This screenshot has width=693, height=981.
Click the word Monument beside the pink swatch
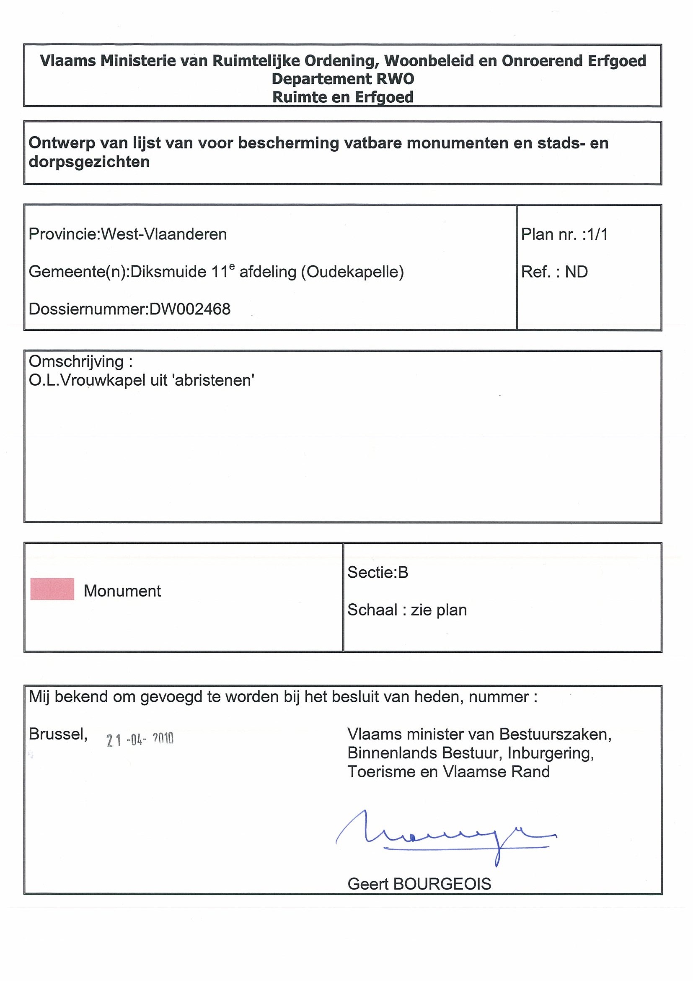(x=122, y=591)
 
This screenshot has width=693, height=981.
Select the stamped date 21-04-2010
(x=140, y=740)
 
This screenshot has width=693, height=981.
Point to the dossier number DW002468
(x=189, y=309)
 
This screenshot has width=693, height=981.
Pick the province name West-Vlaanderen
(x=163, y=234)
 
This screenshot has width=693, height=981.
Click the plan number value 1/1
(x=597, y=234)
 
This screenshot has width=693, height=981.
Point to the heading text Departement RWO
(x=342, y=79)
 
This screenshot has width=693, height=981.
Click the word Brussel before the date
(x=58, y=734)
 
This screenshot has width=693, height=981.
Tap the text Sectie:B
(x=378, y=572)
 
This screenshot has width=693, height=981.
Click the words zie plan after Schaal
(x=439, y=610)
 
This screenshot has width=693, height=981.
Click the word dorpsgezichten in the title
(x=89, y=161)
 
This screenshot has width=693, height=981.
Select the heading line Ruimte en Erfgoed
(x=342, y=97)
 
